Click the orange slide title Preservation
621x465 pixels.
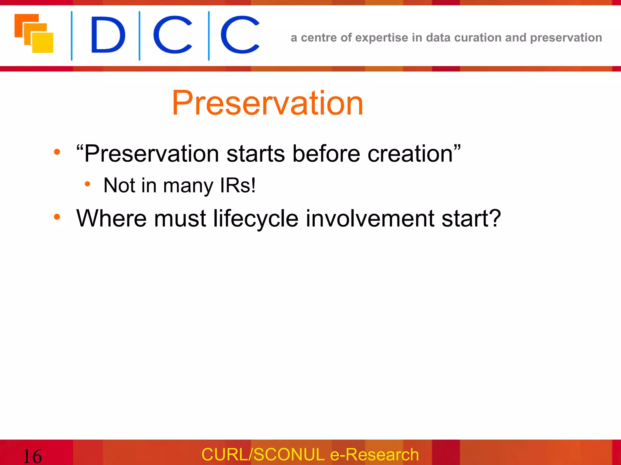[267, 104]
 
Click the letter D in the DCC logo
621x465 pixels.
[108, 35]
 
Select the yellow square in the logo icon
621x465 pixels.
[43, 43]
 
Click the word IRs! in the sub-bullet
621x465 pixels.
[238, 185]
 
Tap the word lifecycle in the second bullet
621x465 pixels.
[256, 219]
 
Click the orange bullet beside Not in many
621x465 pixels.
[87, 184]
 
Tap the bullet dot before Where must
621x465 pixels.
[57, 217]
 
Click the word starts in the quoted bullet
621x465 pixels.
[255, 154]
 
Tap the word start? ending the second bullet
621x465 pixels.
[471, 219]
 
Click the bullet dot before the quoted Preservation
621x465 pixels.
[57, 152]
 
